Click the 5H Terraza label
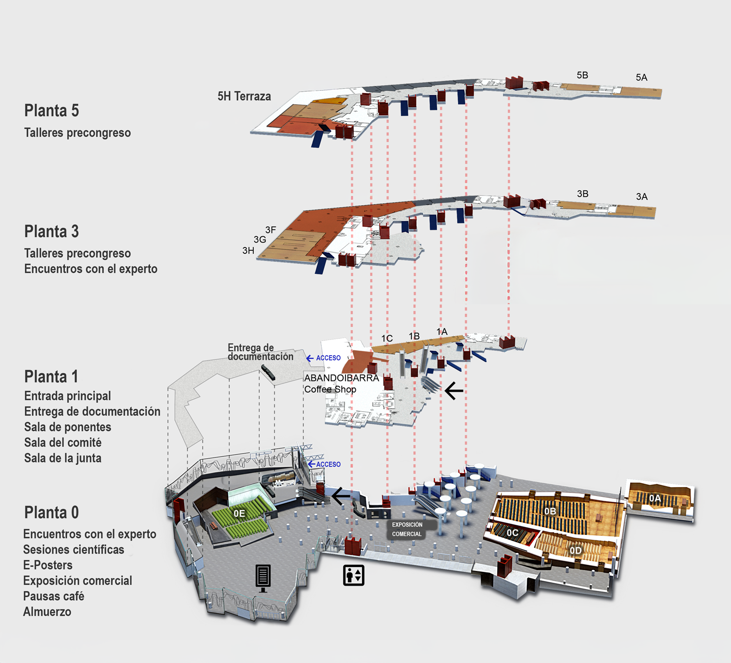pos(244,96)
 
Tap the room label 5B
pos(582,75)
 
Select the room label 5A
pos(641,77)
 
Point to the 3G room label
pos(260,239)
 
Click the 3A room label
pos(642,197)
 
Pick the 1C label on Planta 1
pos(387,339)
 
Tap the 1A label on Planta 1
pos(442,331)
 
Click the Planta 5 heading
pos(51,111)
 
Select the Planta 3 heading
pos(51,231)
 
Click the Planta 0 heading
pos(51,512)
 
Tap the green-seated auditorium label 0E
pos(239,513)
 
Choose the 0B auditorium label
pos(550,511)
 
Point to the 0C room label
pos(512,532)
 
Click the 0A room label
pos(655,498)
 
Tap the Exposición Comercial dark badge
pos(406,530)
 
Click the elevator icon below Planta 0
pos(353,575)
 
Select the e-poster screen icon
pos(263,579)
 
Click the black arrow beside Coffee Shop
pos(454,391)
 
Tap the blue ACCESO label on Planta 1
pos(328,358)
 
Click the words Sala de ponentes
pos(67,427)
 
